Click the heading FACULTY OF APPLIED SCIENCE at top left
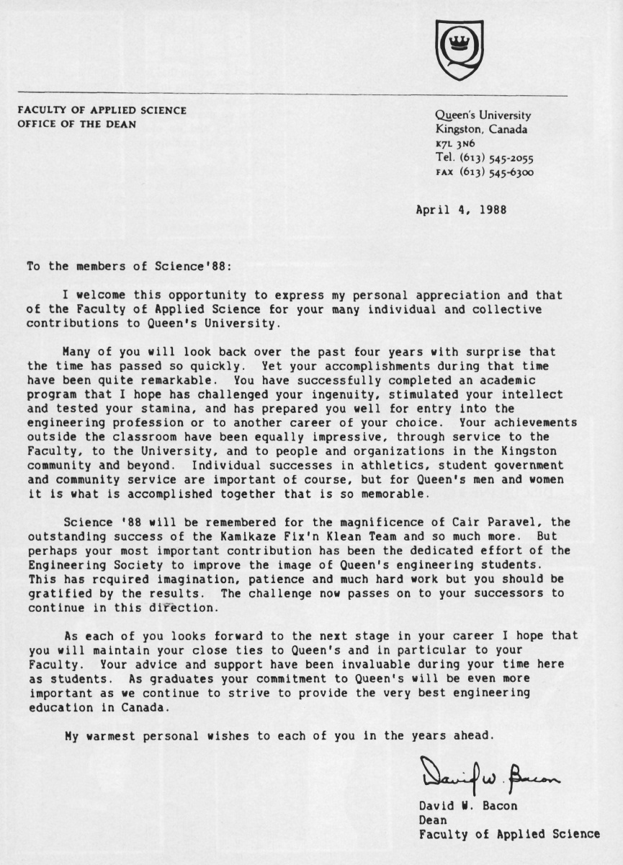click(102, 110)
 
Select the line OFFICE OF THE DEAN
click(77, 123)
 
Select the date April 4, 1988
click(461, 210)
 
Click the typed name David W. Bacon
click(467, 806)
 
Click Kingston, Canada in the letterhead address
click(481, 130)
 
